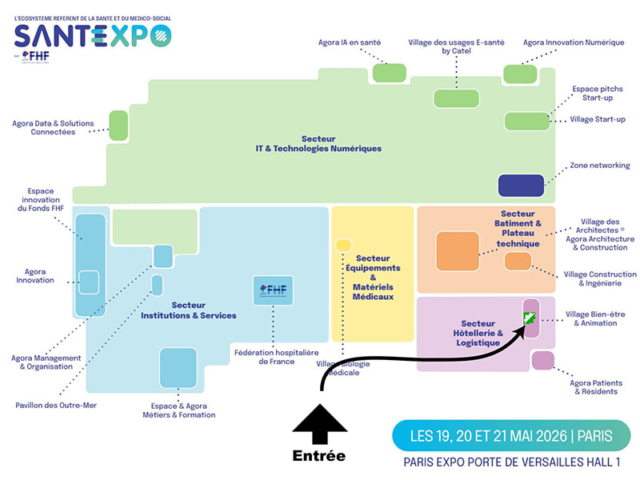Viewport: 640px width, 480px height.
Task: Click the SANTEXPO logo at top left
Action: [93, 35]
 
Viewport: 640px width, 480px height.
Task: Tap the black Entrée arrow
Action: [319, 428]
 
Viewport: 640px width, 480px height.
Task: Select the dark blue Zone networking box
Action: [521, 186]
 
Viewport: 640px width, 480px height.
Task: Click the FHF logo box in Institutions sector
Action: [274, 290]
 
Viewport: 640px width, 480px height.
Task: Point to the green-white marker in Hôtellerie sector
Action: [529, 318]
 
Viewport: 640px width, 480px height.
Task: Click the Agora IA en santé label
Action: [349, 42]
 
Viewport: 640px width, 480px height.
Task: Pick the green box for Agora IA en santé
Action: [390, 72]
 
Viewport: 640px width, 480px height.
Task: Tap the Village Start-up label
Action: [597, 119]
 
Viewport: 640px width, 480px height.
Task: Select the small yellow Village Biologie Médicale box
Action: [343, 245]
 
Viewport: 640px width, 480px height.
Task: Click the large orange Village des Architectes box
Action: [457, 251]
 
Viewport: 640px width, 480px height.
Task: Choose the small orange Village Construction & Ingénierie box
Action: [518, 261]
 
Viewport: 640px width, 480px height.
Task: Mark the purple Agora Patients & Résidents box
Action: [542, 361]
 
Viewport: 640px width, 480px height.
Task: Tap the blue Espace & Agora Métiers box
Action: [178, 367]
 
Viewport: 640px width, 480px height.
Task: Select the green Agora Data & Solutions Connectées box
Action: [118, 125]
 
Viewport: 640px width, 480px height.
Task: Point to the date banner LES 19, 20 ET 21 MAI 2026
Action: [511, 436]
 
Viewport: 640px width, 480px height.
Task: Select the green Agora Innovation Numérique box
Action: [520, 74]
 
